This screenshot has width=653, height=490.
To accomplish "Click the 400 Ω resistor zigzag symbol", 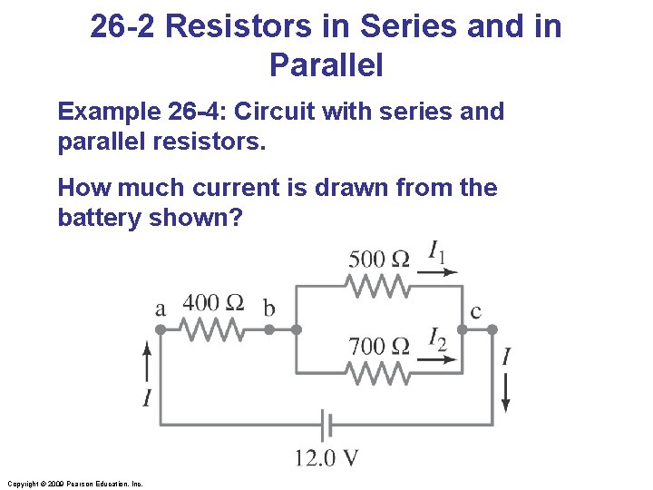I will [x=214, y=330].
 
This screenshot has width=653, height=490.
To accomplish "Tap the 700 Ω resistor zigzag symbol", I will [x=377, y=373].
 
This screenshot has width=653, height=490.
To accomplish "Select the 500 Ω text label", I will [x=378, y=259].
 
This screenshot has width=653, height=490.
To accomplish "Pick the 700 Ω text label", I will [x=378, y=346].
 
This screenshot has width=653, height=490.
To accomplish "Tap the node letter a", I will [x=161, y=309].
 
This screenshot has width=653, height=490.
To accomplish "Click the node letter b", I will [x=268, y=309].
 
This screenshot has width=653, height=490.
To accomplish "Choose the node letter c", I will [x=475, y=312].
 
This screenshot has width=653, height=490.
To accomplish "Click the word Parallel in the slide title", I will [x=326, y=65].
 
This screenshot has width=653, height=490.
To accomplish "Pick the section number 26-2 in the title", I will [x=124, y=26].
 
